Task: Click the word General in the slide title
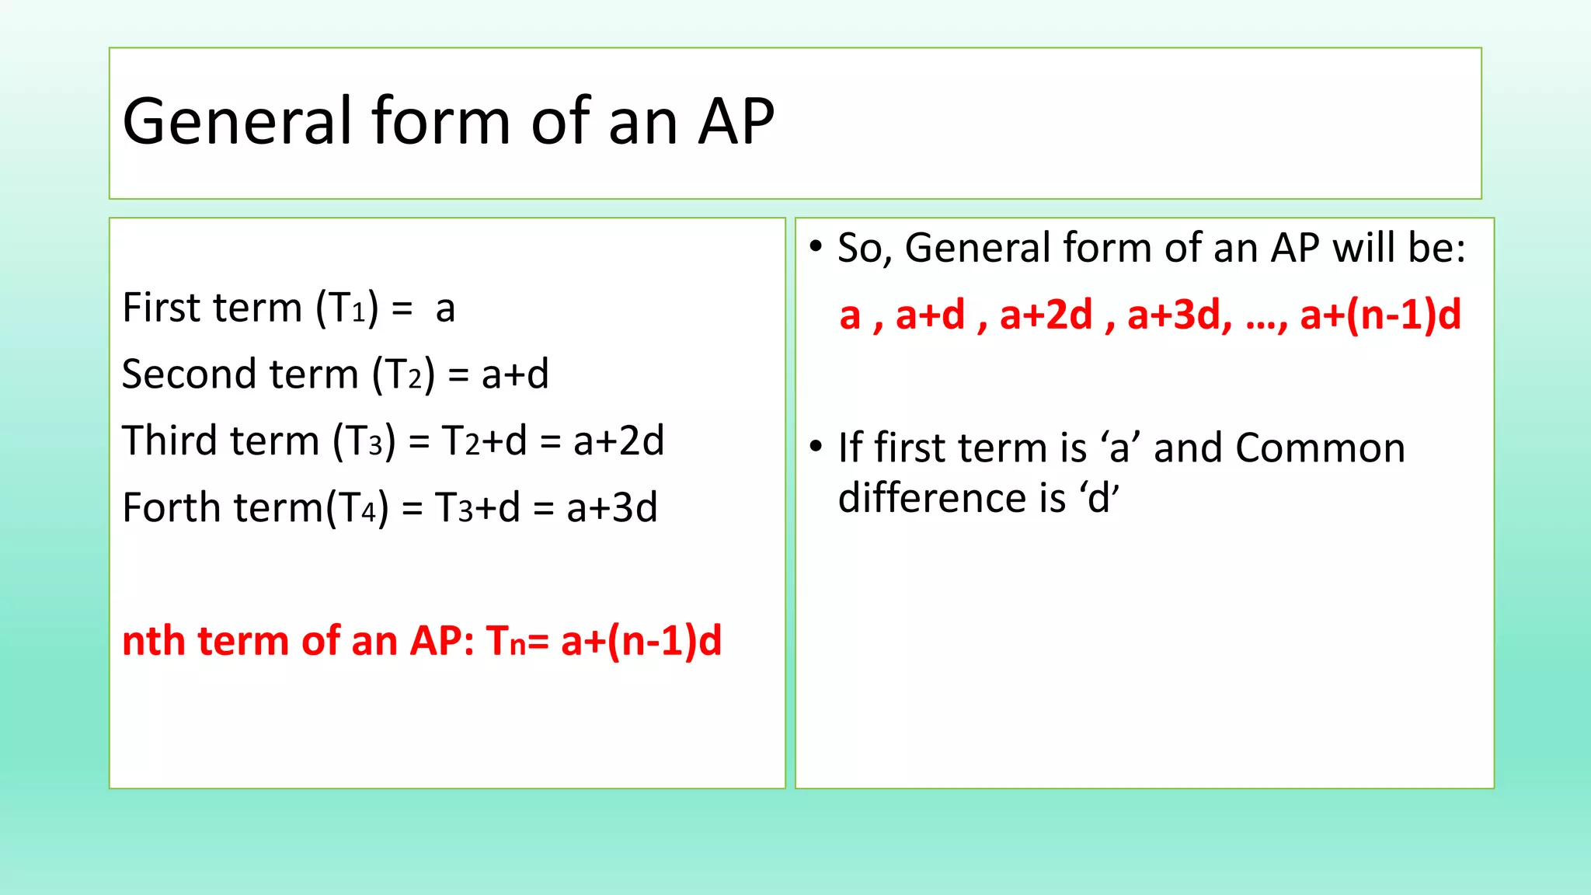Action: [238, 122]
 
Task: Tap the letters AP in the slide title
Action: [736, 122]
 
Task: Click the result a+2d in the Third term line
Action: [618, 441]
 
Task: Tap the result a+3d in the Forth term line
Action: [611, 508]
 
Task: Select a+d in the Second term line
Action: [514, 374]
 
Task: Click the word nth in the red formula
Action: [152, 642]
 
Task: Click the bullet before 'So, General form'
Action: [815, 247]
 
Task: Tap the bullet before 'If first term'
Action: [815, 447]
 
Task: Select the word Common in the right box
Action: [1320, 448]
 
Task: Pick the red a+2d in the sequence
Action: [1046, 315]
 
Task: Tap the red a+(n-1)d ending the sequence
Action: [1380, 315]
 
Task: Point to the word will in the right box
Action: [1355, 249]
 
